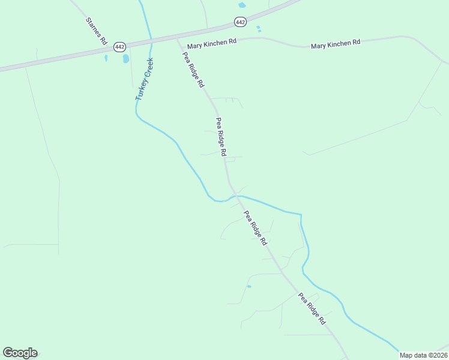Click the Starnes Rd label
click(96, 32)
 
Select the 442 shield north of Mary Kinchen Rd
click(240, 22)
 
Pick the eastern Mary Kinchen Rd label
click(336, 43)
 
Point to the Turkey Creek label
click(144, 79)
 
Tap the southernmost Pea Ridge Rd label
click(312, 308)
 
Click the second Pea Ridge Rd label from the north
click(221, 137)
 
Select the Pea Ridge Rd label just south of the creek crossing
click(255, 228)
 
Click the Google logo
click(20, 353)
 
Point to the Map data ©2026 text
click(423, 355)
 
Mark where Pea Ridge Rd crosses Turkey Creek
click(233, 196)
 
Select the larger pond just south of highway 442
click(126, 59)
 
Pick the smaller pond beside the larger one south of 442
click(106, 58)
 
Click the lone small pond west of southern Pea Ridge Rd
click(249, 286)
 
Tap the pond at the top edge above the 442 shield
click(242, 5)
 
